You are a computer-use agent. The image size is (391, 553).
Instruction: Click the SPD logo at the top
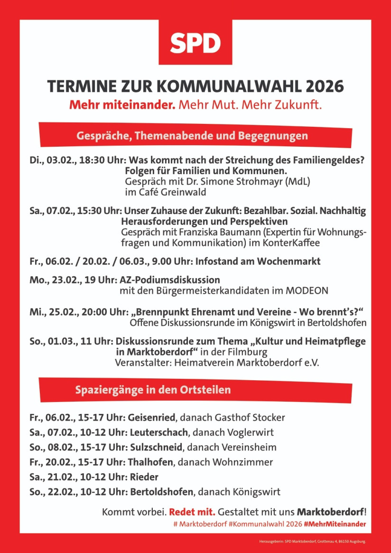[x=195, y=43]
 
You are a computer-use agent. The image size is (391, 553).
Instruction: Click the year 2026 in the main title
[x=325, y=87]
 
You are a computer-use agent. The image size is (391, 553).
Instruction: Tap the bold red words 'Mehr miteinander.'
[x=122, y=104]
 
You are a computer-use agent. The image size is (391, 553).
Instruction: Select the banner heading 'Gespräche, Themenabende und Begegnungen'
[x=192, y=136]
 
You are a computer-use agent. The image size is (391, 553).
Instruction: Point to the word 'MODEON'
[x=307, y=291]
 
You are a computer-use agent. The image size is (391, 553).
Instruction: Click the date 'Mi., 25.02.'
[x=53, y=312]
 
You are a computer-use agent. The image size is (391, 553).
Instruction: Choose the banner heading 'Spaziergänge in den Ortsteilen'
[x=153, y=390]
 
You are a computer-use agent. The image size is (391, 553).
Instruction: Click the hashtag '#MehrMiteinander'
[x=335, y=524]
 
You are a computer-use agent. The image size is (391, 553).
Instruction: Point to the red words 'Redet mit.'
[x=192, y=512]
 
